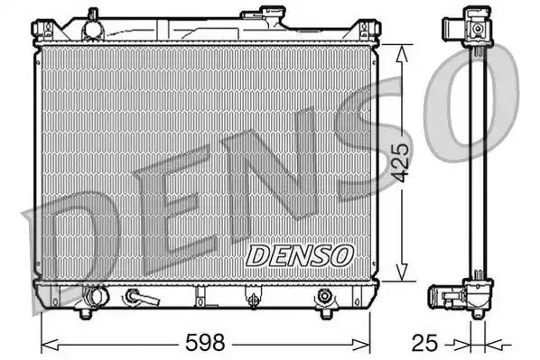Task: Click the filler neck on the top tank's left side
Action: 92,26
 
